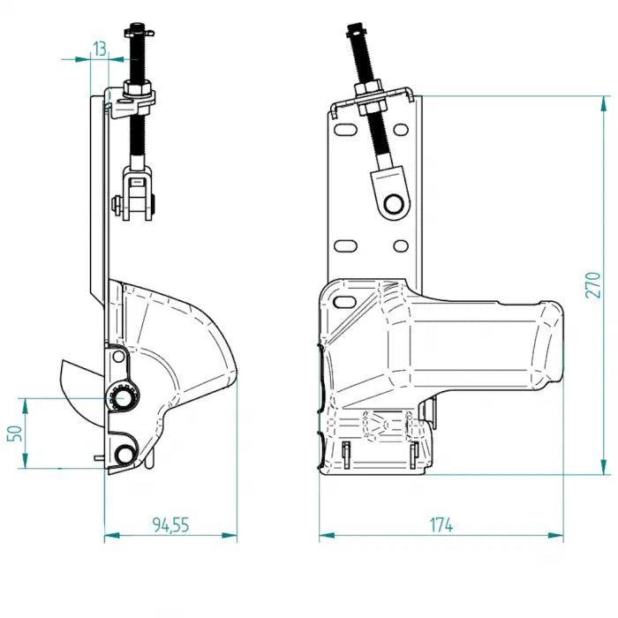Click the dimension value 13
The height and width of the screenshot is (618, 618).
pyautogui.click(x=99, y=49)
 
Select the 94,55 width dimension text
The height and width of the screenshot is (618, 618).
pyautogui.click(x=170, y=524)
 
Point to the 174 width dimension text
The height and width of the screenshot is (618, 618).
pyautogui.click(x=441, y=524)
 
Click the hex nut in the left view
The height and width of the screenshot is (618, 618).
pyautogui.click(x=139, y=88)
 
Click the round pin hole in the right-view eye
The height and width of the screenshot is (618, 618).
pyautogui.click(x=396, y=204)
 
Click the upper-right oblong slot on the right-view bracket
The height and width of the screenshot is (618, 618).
pyautogui.click(x=403, y=129)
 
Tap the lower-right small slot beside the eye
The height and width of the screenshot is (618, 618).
pyautogui.click(x=400, y=245)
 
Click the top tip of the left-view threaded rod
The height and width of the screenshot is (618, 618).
pyautogui.click(x=138, y=26)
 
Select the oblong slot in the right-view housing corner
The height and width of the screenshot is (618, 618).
pyautogui.click(x=340, y=303)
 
